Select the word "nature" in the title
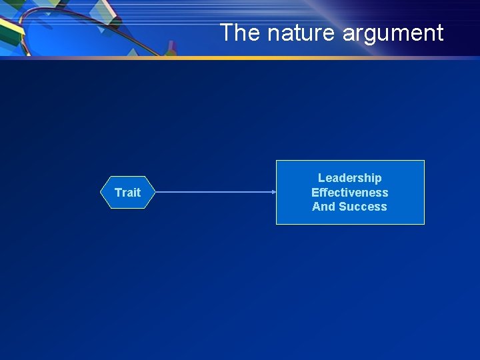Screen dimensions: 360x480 coord(283,33)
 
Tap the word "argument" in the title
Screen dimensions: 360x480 coord(383,33)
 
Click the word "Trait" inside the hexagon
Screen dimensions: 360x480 coord(127,193)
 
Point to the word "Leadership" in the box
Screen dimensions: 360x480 coord(349,178)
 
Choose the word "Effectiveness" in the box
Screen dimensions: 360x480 coord(349,193)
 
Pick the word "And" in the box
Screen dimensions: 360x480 coord(324,207)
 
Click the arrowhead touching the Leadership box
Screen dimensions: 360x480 coord(273,193)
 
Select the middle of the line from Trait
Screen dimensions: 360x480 coord(215,193)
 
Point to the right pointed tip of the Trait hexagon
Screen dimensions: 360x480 coord(155,193)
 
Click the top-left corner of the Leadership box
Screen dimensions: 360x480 coord(277,161)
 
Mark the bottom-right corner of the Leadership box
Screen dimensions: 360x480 coord(424,224)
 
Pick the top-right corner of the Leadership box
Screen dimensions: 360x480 coord(424,161)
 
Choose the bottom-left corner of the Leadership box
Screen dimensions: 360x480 coord(277,224)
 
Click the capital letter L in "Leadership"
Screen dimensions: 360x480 coord(321,178)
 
